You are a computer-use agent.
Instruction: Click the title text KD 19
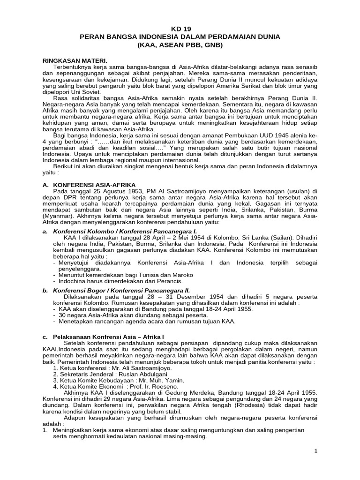[180, 27]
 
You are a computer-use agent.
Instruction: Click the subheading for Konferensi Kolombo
[124, 232]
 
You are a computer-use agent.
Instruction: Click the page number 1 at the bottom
[316, 451]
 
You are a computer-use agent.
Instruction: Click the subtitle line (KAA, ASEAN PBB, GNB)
[180, 45]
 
